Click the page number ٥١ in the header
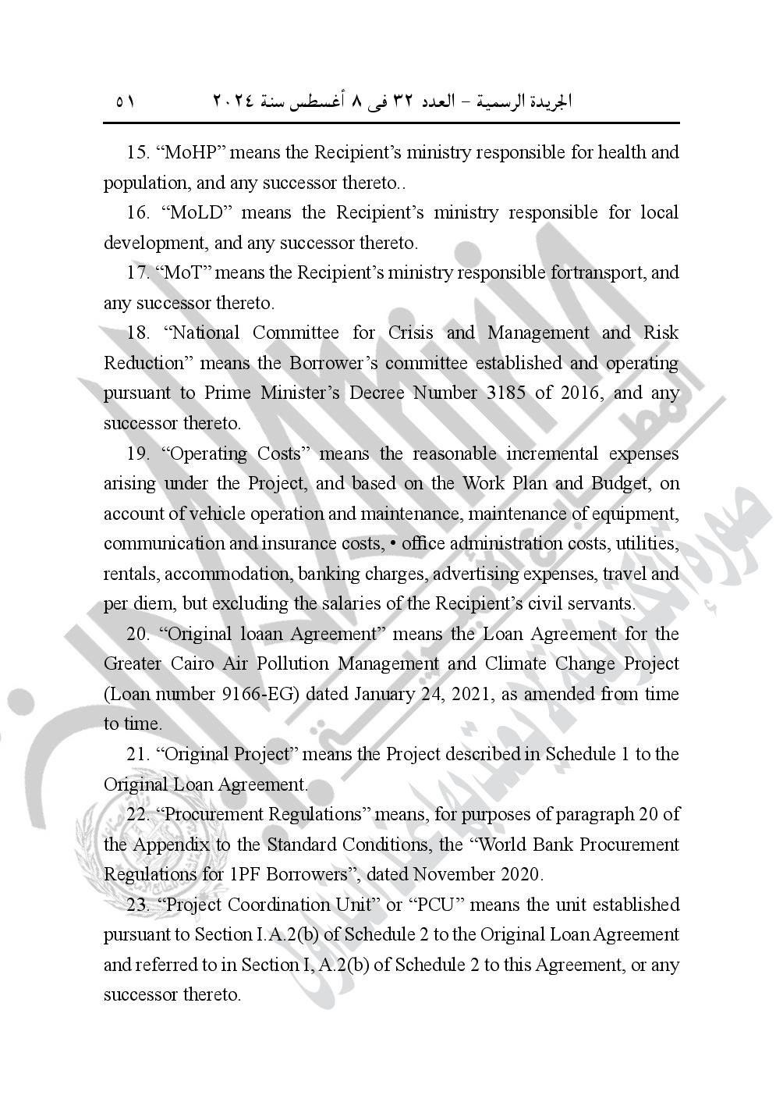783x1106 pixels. pos(125,102)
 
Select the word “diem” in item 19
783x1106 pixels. pos(146,603)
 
